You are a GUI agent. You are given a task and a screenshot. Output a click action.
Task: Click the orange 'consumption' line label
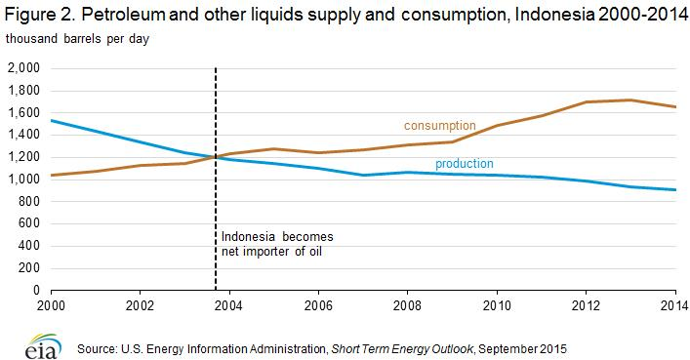click(x=439, y=126)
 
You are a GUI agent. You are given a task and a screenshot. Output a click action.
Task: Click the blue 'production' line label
click(x=465, y=164)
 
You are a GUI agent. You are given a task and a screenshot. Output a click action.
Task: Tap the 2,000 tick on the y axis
click(x=23, y=67)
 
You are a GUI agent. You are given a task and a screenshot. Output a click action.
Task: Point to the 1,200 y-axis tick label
click(x=23, y=157)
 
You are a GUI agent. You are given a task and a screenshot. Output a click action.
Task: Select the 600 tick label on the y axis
click(x=29, y=223)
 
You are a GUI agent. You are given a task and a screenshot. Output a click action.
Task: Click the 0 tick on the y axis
click(x=36, y=290)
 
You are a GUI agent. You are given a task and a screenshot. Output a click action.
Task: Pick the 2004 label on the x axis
click(x=228, y=305)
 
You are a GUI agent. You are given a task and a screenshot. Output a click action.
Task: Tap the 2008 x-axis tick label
click(x=407, y=305)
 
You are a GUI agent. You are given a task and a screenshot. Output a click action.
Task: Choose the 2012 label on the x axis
click(x=586, y=305)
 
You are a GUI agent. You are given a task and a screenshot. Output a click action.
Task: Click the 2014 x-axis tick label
click(x=674, y=305)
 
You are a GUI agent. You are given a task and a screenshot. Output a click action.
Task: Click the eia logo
click(x=43, y=346)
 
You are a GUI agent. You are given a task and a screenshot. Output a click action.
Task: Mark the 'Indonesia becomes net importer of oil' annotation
click(x=277, y=244)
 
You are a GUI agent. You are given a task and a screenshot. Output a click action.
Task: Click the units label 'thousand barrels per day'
click(x=77, y=39)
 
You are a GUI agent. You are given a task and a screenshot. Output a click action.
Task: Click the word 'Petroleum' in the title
click(x=123, y=15)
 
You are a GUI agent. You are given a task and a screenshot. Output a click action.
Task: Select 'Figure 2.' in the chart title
click(x=40, y=16)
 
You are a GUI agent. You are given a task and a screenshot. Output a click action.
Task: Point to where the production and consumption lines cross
click(x=215, y=156)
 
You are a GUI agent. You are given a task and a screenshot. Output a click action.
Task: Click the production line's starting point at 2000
click(x=52, y=120)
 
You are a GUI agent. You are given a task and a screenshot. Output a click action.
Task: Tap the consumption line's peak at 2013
click(x=630, y=100)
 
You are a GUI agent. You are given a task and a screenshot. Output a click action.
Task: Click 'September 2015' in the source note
click(x=523, y=349)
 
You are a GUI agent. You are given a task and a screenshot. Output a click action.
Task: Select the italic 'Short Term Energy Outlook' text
click(x=402, y=349)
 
